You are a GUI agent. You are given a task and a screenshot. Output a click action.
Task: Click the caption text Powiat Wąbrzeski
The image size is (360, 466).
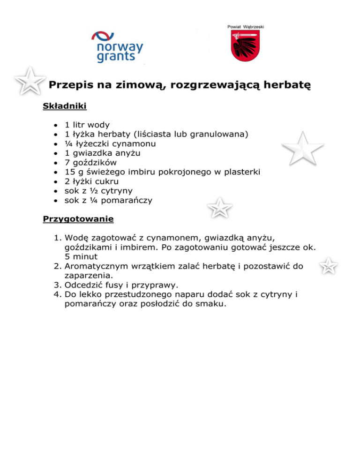pyautogui.click(x=246, y=27)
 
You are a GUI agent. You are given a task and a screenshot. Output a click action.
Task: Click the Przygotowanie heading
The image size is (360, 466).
pyautogui.click(x=79, y=218)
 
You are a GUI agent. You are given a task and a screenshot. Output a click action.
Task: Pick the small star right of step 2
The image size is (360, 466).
pyautogui.click(x=329, y=266)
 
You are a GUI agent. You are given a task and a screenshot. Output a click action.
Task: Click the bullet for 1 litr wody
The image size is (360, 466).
pyautogui.click(x=55, y=125)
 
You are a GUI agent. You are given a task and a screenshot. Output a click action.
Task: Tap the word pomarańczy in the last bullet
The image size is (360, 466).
pyautogui.click(x=127, y=200)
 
